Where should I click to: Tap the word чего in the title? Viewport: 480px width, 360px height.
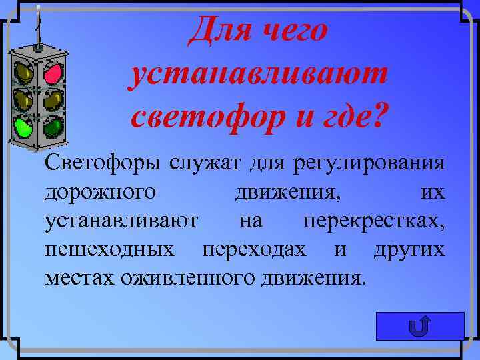[x=294, y=31]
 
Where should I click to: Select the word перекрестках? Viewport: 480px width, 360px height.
[x=373, y=220]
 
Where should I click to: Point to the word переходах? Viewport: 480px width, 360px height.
[x=255, y=249]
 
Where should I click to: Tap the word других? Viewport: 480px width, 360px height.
[x=409, y=249]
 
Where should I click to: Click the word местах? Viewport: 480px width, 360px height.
[x=79, y=277]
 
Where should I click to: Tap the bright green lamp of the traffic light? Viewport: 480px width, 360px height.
[x=25, y=127]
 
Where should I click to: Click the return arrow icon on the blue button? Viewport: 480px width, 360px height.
[x=419, y=327]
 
